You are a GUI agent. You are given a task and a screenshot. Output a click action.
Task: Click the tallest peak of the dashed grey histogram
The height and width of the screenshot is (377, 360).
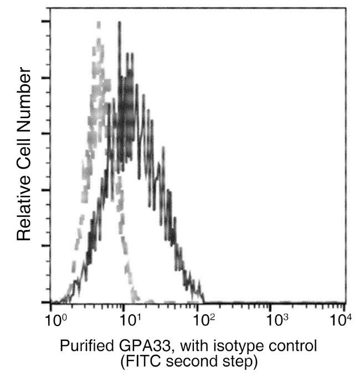point(99,23)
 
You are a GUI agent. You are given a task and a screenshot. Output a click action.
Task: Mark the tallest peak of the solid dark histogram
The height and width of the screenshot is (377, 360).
point(119,23)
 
